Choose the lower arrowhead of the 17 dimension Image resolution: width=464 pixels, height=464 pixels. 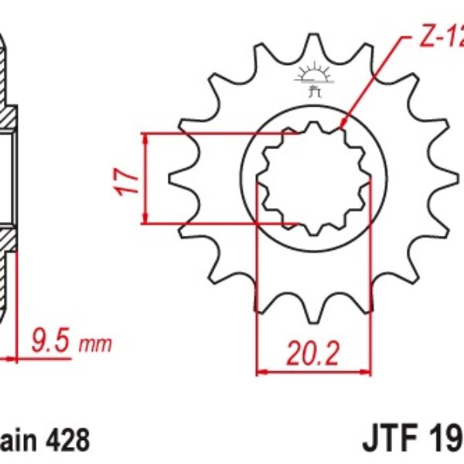[145, 220]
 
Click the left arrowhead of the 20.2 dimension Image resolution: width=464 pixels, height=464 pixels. [261, 372]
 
